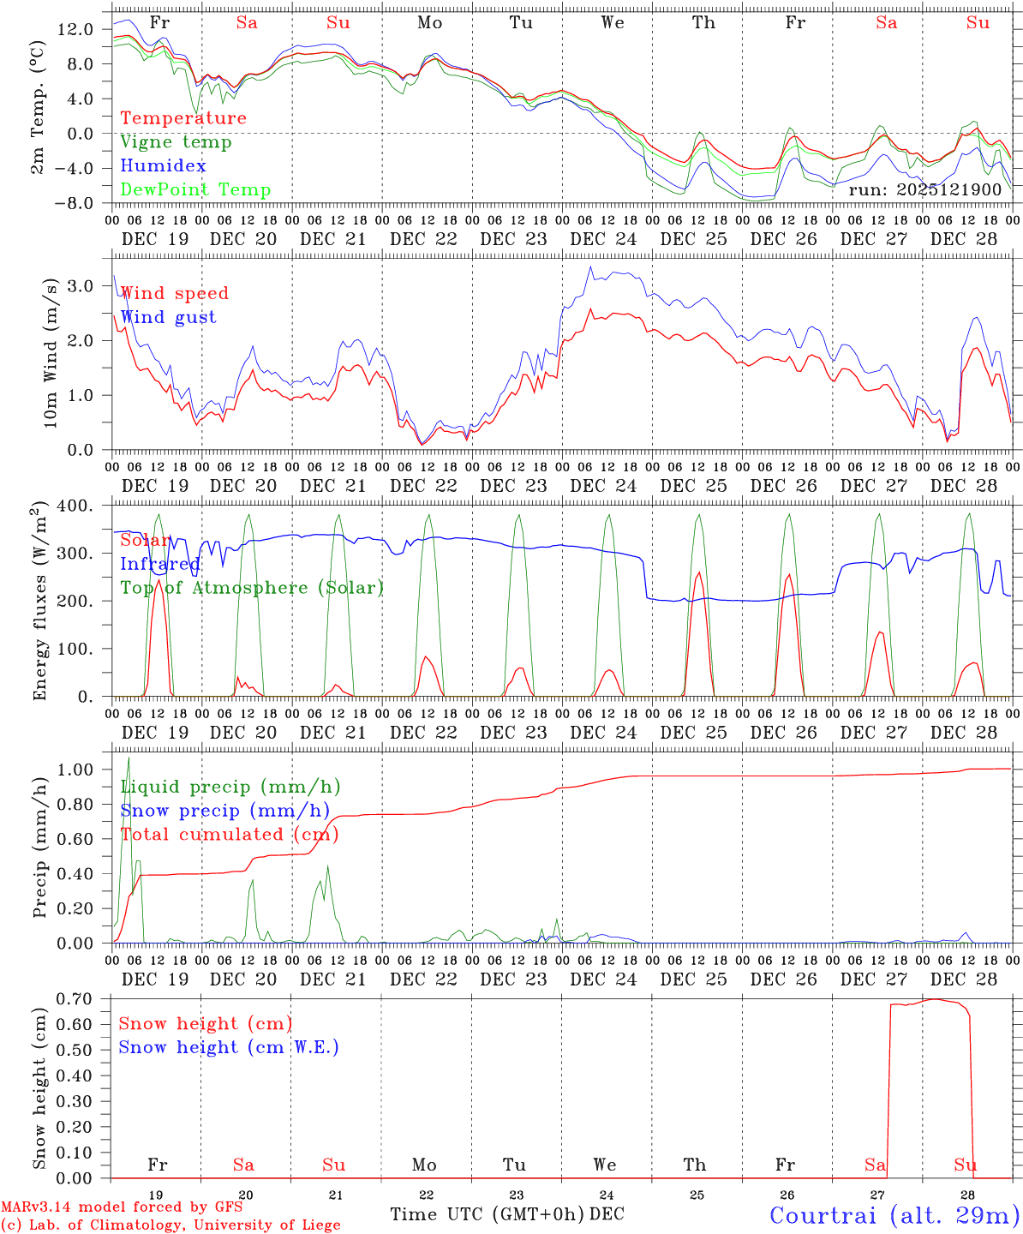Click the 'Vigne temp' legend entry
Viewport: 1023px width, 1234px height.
(x=176, y=142)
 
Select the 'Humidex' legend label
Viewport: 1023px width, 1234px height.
(x=164, y=166)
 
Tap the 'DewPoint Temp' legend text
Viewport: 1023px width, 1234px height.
(x=195, y=190)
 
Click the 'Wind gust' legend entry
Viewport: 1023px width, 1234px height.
(x=168, y=317)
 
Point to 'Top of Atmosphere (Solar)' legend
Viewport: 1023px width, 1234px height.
(x=252, y=588)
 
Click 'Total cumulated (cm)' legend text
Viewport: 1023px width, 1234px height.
(x=230, y=834)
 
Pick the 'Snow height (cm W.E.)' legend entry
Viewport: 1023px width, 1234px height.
(x=229, y=1047)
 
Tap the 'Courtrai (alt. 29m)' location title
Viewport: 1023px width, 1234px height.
(x=894, y=1214)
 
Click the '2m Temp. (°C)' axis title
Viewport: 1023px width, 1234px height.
(x=39, y=115)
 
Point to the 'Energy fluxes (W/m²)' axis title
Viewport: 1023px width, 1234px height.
(x=39, y=602)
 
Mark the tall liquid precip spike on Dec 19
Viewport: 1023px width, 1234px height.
(x=129, y=758)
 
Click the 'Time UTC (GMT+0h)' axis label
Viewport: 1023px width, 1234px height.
(x=488, y=1214)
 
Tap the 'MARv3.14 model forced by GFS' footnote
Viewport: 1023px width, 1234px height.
(x=122, y=1207)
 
